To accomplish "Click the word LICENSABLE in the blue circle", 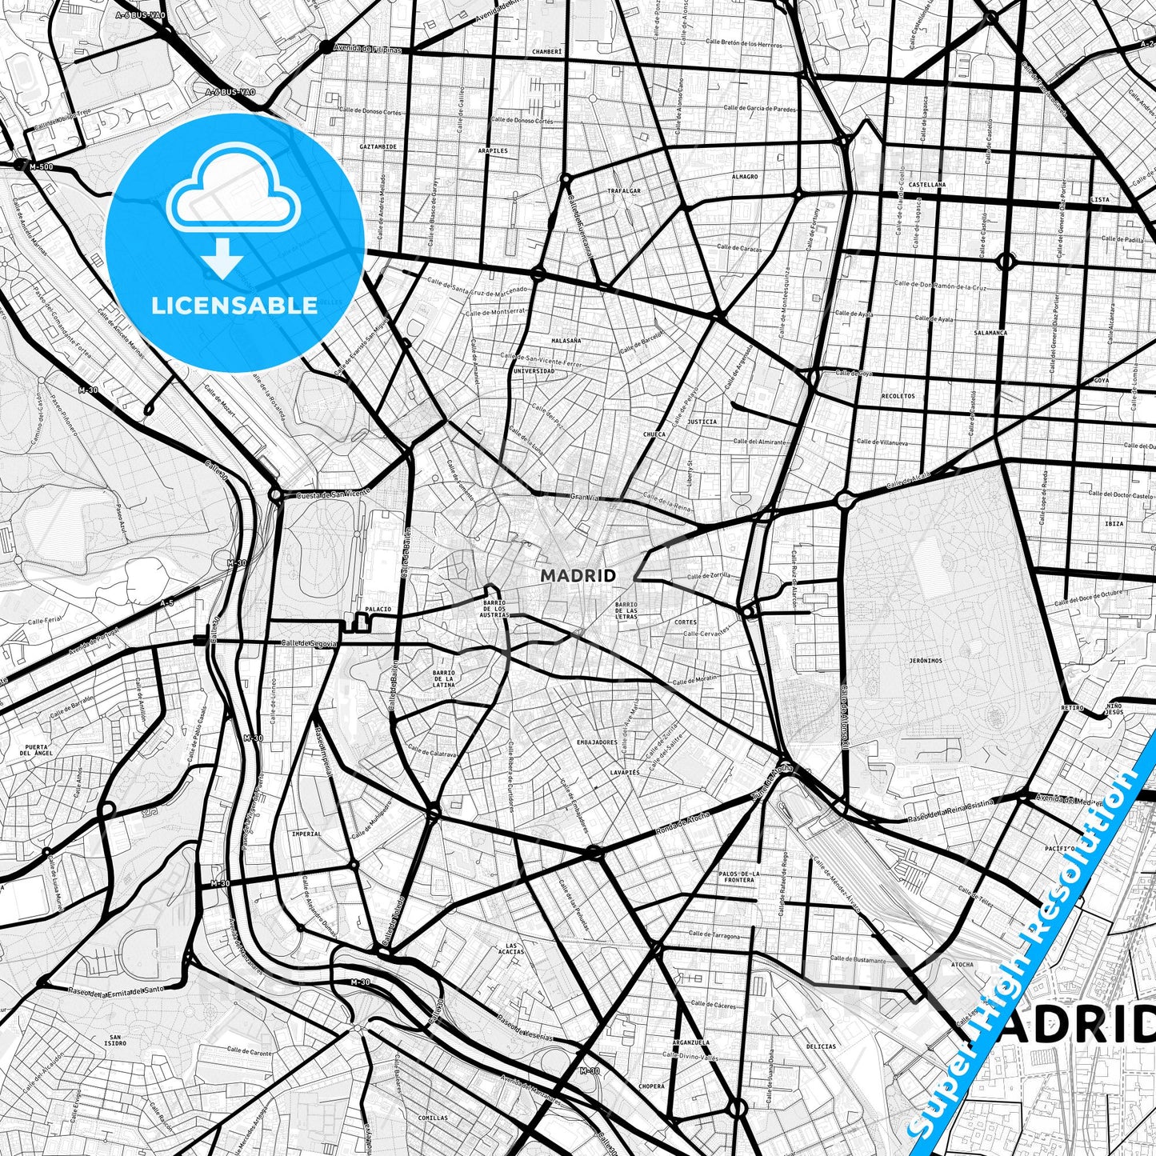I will point(234,306).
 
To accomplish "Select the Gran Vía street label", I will point(584,497).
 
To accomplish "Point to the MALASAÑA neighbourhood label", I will point(566,340).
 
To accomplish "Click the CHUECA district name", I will point(654,434).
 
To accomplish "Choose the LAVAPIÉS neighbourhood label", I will point(625,773).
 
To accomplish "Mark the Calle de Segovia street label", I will point(309,643).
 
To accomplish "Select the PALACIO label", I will point(378,609).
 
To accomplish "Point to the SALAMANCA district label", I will point(990,332).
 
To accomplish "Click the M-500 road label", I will point(41,166).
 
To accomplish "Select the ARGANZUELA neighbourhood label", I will point(691,1042).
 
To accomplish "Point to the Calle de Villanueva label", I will point(882,442).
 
